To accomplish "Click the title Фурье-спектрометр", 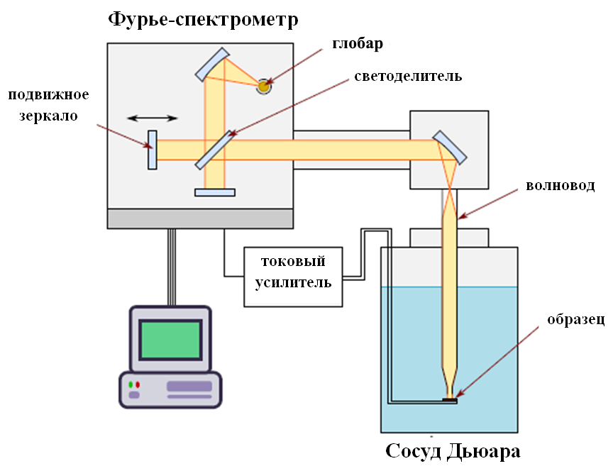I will pos(203,19).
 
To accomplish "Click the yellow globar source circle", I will pos(264,85).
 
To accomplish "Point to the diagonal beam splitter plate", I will pos(214,150).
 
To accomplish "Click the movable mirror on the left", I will pos(152,150).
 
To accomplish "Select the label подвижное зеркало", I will pos(48,105).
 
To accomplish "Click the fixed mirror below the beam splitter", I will pos(214,192).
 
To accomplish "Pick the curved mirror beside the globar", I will pos(212,63).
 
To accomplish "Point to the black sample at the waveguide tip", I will pos(449,401).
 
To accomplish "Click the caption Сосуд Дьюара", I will pos(453,451).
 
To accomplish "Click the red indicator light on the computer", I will pos(138,384).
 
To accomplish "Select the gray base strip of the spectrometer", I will pos(200,218).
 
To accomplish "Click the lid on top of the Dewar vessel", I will pos(448,237).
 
